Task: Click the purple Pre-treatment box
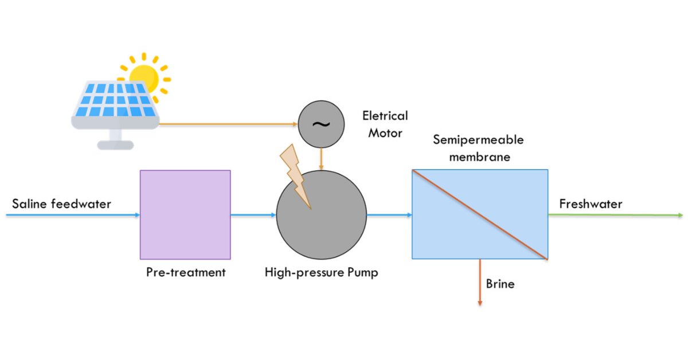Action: (x=185, y=214)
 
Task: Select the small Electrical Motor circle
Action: (x=321, y=124)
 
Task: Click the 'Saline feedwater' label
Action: (x=61, y=204)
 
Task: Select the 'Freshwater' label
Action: (x=591, y=204)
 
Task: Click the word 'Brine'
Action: (x=500, y=283)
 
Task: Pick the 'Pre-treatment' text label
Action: (x=186, y=272)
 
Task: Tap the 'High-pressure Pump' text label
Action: (x=321, y=272)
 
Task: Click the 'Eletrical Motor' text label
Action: (x=385, y=124)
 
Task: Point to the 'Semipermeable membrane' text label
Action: (x=471, y=148)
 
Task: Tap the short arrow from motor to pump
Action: (x=321, y=158)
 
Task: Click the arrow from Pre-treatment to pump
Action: (x=253, y=215)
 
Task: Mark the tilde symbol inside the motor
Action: (x=321, y=124)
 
